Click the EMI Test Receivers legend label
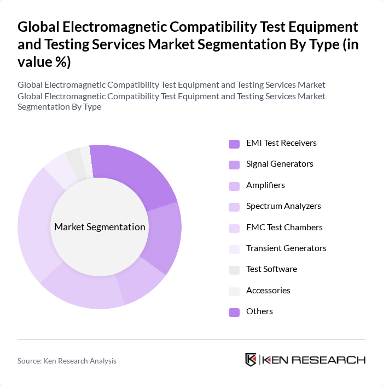281,143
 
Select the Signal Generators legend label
279,164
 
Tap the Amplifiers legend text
265,185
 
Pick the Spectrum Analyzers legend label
283,206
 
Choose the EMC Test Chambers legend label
284,227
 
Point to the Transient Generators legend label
286,248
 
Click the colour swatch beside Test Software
234,270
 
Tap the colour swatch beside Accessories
234,291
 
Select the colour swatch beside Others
234,311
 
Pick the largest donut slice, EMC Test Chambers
36,225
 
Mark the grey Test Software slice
75,158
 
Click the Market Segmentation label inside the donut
100,227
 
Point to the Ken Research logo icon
251,360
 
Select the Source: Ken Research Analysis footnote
67,361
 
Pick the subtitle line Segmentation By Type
59,106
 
